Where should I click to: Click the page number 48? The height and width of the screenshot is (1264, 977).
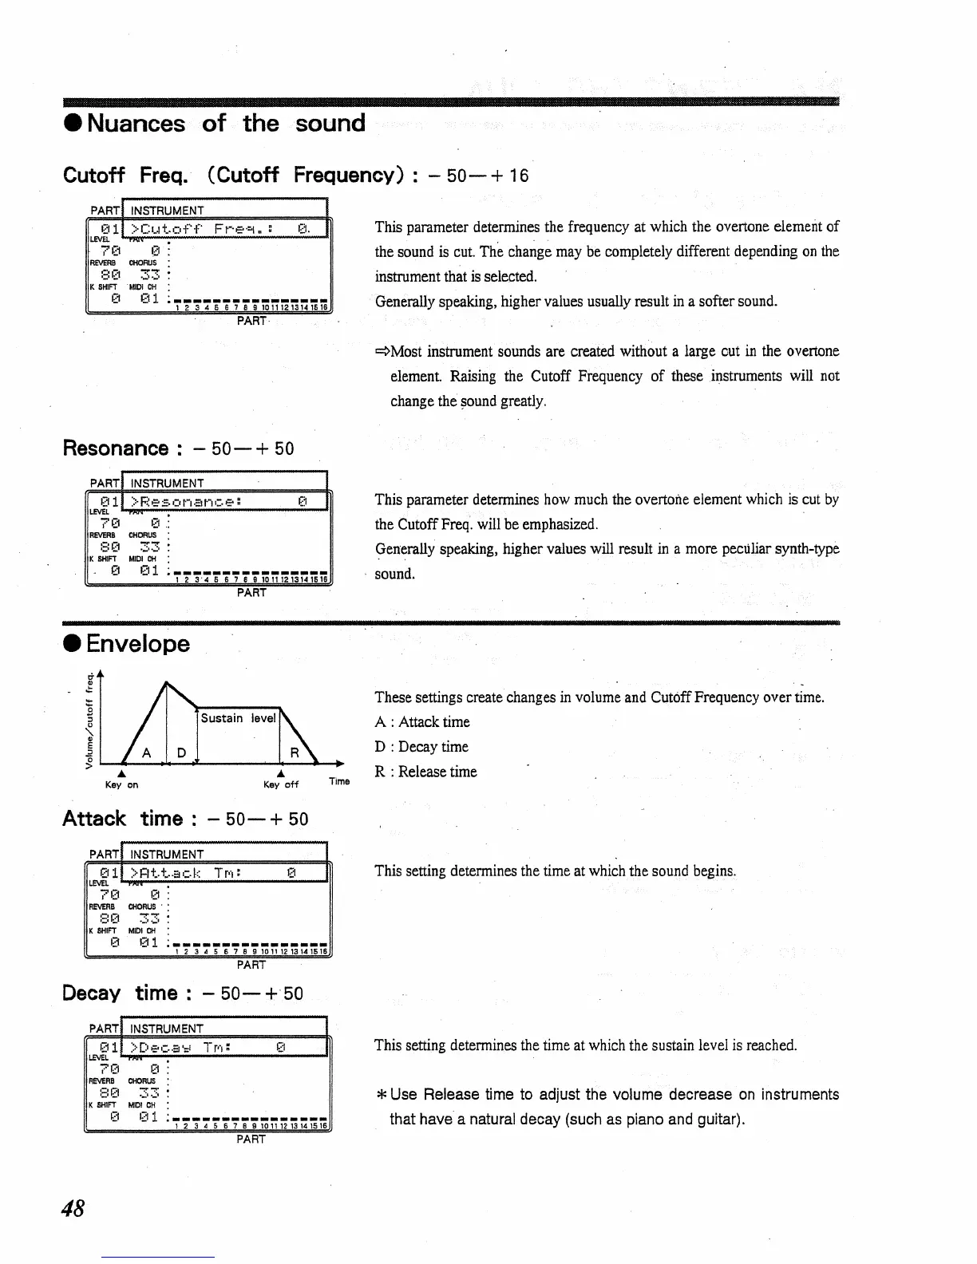tap(73, 1208)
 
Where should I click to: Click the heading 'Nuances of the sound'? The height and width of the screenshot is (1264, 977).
tap(216, 124)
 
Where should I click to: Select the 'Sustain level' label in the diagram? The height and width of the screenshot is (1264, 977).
tap(238, 718)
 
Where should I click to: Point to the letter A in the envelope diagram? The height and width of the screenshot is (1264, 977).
tap(146, 753)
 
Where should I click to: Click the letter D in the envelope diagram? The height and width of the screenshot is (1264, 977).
tap(181, 753)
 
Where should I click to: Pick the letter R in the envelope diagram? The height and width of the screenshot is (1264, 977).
tap(294, 753)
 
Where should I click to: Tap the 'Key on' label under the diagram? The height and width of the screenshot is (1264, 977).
tap(122, 785)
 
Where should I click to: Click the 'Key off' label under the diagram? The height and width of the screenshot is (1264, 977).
tap(281, 785)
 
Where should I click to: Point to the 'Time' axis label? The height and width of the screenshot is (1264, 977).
tap(339, 781)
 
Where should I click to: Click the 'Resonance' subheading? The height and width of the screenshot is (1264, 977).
tap(116, 448)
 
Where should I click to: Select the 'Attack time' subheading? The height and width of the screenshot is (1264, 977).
tap(123, 819)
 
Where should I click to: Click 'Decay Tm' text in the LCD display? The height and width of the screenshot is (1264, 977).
tap(181, 1047)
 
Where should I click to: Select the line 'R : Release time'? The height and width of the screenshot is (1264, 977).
tap(425, 772)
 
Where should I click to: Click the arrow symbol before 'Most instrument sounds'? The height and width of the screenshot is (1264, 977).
tap(382, 352)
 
